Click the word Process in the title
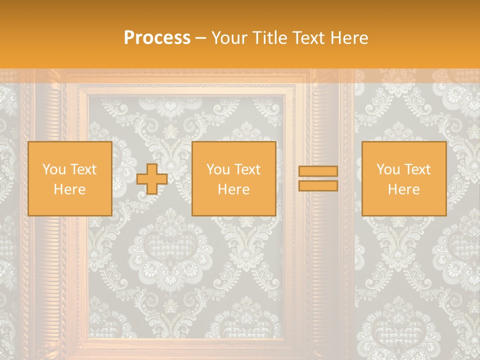point(157,38)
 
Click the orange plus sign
point(152,179)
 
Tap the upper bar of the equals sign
point(318,171)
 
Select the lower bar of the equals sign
point(318,185)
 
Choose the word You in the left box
point(54,169)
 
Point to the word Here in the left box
point(69,189)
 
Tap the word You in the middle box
point(218,169)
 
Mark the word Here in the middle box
point(233,189)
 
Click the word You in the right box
point(388,169)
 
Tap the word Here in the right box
point(403,189)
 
